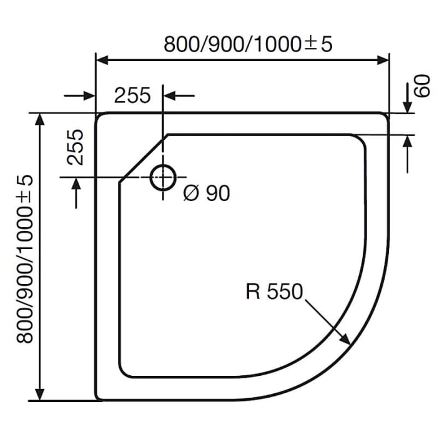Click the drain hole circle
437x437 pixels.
[x=163, y=178]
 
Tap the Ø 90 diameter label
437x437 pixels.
[x=207, y=194]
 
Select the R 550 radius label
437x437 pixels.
[x=273, y=292]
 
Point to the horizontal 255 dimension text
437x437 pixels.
[x=132, y=96]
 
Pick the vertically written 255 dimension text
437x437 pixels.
[x=75, y=147]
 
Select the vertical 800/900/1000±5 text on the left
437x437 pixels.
[x=24, y=258]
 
